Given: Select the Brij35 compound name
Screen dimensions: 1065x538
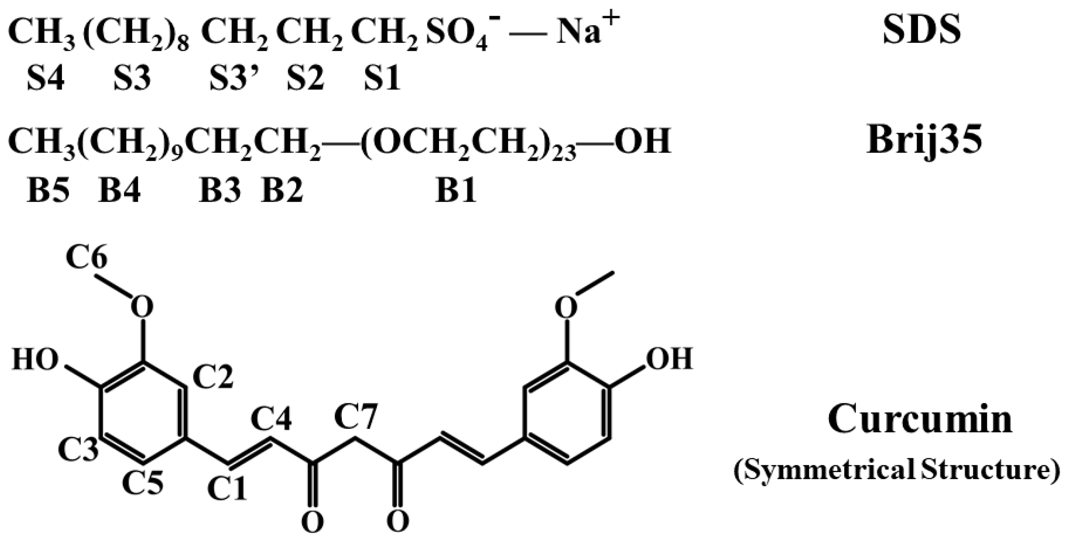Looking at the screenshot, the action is point(924,141).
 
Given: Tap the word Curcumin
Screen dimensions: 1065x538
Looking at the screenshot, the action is point(920,419).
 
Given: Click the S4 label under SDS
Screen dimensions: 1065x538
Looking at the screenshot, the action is point(46,78).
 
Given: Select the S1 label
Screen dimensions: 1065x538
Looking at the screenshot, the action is point(382,78).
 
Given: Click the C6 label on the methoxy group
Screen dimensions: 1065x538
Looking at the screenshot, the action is point(87,258).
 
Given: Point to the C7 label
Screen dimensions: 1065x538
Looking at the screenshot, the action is point(356,417).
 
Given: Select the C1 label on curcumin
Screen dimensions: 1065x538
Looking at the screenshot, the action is point(227,488).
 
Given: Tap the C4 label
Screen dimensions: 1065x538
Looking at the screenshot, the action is point(272,419).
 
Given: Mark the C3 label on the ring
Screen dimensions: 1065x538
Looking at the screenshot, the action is point(78,449).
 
